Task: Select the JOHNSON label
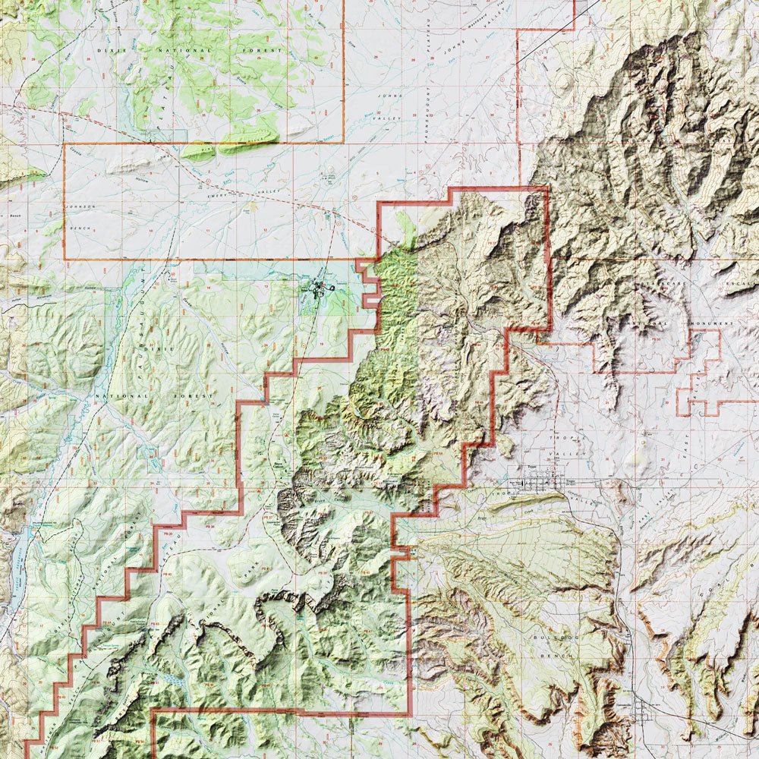pyautogui.click(x=80, y=206)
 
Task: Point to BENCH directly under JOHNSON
pyautogui.click(x=80, y=228)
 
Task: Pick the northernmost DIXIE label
pyautogui.click(x=114, y=49)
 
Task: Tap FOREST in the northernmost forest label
pyautogui.click(x=262, y=50)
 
